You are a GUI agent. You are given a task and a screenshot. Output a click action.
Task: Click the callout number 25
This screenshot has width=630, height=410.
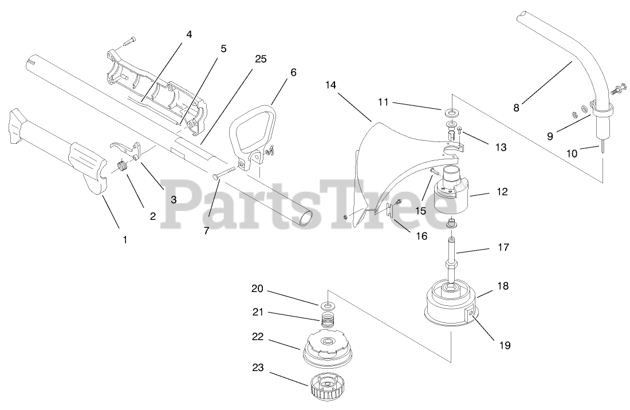coord(261,59)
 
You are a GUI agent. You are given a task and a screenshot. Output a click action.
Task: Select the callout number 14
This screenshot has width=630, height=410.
coord(330,85)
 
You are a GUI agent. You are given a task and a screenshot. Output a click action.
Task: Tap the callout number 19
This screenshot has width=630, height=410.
coord(505,345)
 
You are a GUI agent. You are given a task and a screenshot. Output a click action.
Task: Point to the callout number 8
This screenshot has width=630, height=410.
coord(516,107)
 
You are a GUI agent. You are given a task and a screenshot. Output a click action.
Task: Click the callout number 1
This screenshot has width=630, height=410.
coord(125,240)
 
